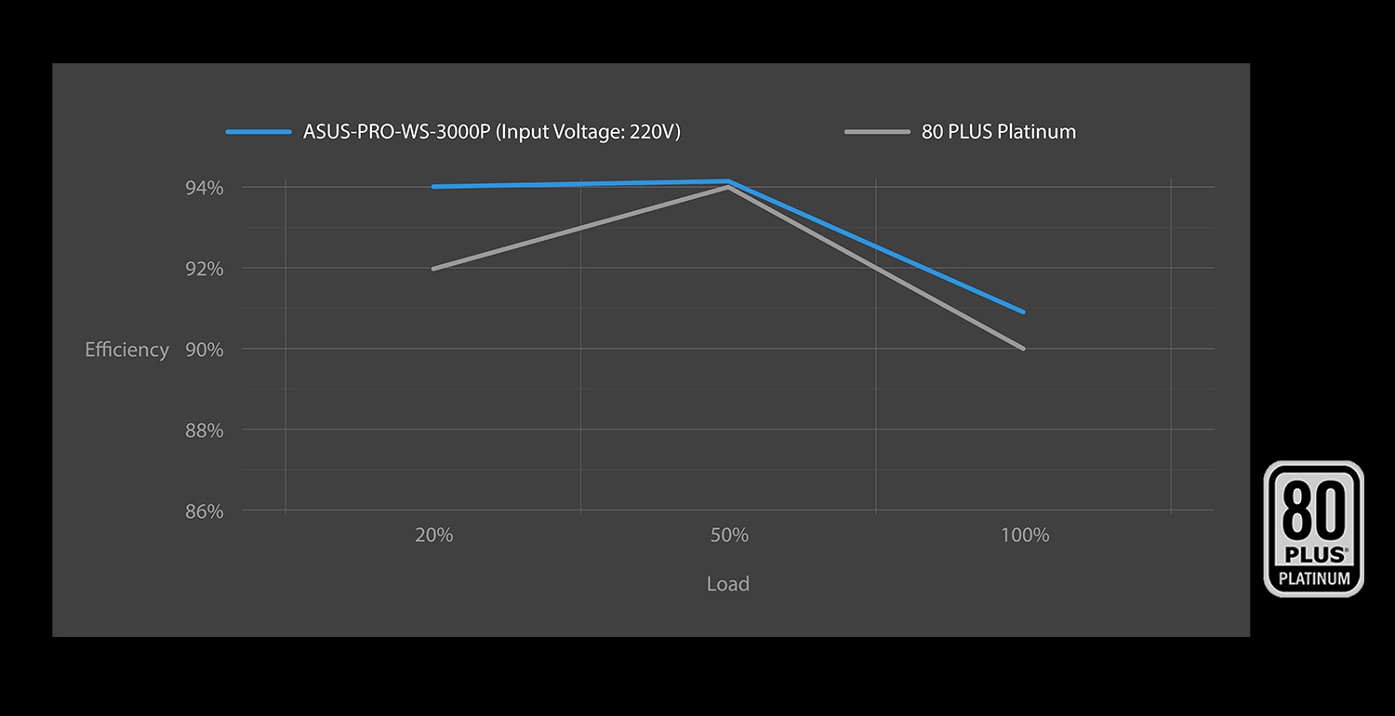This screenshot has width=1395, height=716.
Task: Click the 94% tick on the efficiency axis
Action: click(205, 188)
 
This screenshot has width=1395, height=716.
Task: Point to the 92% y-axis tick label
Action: click(205, 269)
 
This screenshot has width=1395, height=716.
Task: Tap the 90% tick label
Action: click(205, 350)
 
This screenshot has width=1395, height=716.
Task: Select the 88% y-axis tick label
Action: click(205, 431)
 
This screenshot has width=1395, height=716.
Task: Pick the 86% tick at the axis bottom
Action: click(205, 511)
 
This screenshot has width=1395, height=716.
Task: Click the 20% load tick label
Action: click(434, 536)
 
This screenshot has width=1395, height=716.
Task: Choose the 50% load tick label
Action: click(729, 536)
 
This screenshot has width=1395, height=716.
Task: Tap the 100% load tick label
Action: click(1025, 536)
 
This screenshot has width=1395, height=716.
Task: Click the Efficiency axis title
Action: click(126, 350)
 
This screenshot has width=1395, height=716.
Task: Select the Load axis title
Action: click(727, 584)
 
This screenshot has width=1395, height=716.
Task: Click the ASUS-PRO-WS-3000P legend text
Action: click(492, 132)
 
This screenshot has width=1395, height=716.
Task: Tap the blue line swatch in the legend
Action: click(259, 132)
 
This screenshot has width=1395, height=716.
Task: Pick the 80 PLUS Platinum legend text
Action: click(999, 132)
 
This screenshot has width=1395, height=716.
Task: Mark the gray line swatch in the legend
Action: click(877, 132)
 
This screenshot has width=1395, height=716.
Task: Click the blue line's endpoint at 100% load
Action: click(1024, 312)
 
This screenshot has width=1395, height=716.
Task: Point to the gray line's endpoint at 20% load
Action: click(434, 269)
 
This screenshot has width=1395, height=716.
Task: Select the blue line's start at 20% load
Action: click(434, 187)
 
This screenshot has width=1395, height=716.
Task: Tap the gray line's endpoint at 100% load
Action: click(1024, 349)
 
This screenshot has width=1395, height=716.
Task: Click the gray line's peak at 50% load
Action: click(729, 188)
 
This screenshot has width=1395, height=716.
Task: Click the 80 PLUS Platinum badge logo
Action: click(1313, 528)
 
